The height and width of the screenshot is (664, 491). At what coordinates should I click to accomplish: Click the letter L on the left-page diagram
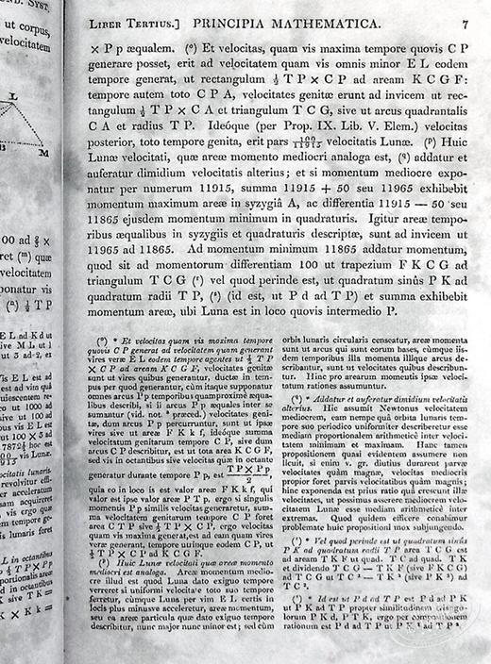coord(13,95)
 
